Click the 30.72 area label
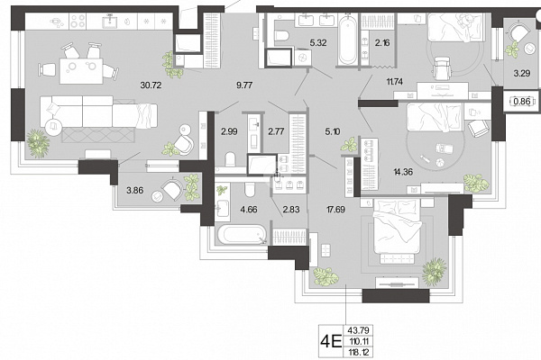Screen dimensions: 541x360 coord(151,85)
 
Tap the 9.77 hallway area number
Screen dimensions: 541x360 coord(244,85)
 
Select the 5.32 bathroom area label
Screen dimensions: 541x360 coord(318,43)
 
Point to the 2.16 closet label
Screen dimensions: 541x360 coord(382,43)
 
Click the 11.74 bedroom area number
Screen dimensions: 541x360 coord(395,82)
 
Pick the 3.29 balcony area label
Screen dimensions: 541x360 coord(522,73)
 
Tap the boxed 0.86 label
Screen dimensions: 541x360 coord(522,102)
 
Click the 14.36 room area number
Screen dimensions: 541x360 coord(403,172)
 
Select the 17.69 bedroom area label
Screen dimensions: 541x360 coord(335,209)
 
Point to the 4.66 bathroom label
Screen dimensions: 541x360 coord(249,209)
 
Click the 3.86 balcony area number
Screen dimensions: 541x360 coord(135,190)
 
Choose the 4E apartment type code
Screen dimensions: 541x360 coord(331,341)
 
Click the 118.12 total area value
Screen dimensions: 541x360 coord(359,353)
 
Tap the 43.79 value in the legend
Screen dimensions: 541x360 coord(359,330)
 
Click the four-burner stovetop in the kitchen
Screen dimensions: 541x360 coord(78,22)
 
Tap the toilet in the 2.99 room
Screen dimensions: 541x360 coord(230,159)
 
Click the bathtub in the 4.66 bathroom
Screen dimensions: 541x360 coord(242,235)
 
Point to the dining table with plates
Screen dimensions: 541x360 coord(81,71)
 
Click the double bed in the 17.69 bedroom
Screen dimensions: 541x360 coord(398,231)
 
